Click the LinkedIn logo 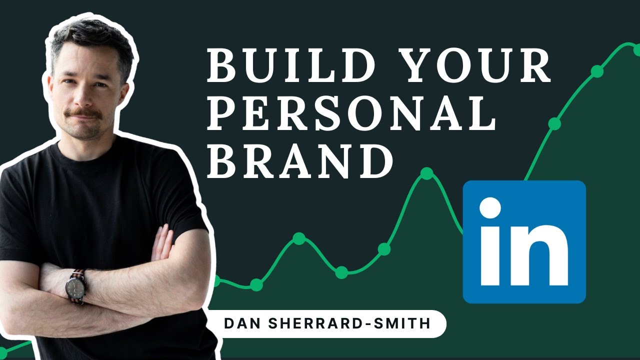click(524, 242)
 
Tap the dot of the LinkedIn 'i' click(490, 208)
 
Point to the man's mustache click(84, 114)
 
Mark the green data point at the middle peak click(426, 173)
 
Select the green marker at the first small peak click(299, 238)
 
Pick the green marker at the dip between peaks click(341, 272)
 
